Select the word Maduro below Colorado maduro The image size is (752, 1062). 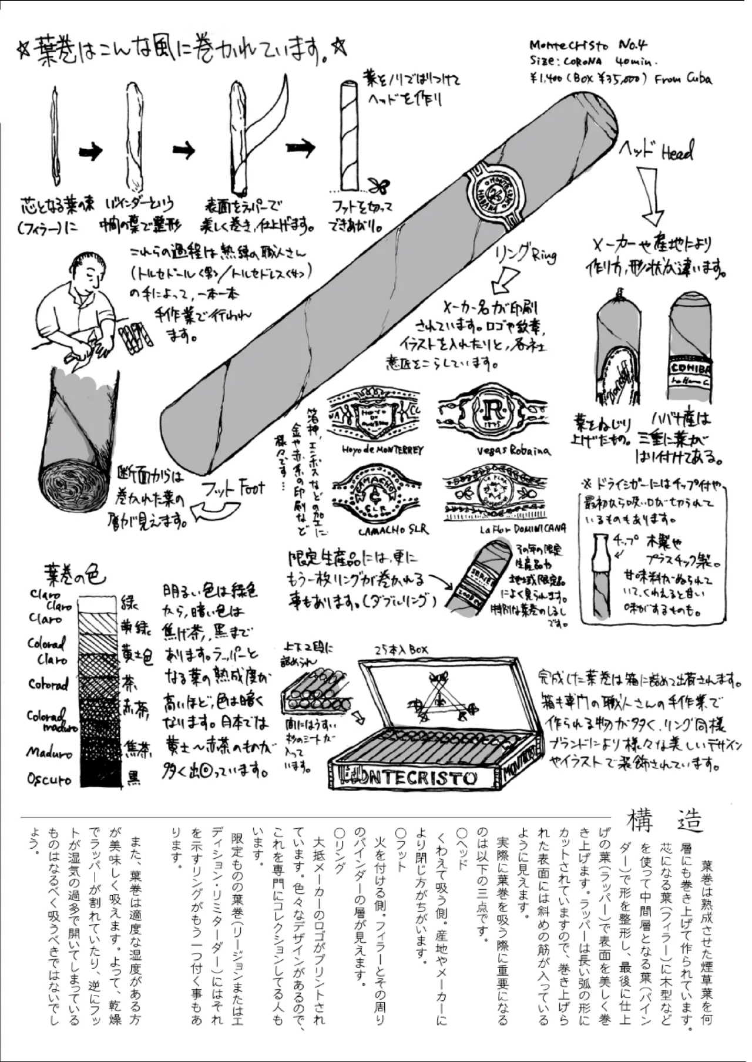[x=49, y=752]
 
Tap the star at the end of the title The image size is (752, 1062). [x=340, y=48]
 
